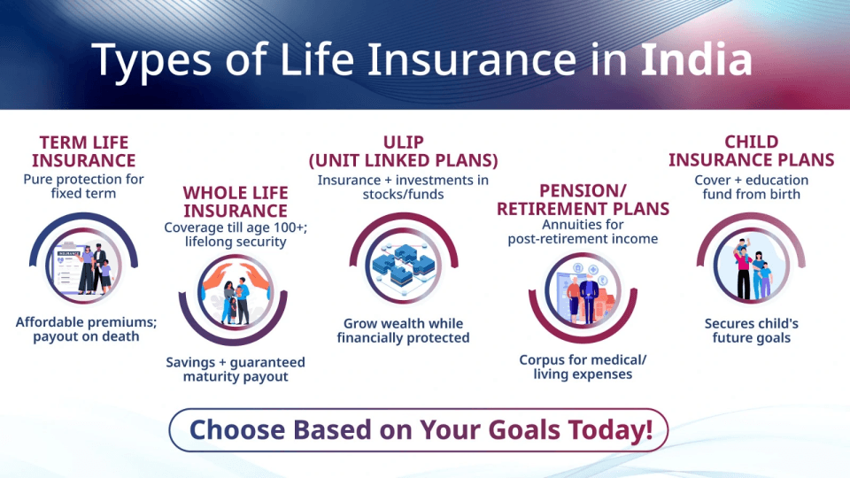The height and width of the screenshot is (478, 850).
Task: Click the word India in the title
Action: coord(696,59)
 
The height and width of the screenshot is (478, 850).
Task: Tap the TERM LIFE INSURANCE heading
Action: coord(84,151)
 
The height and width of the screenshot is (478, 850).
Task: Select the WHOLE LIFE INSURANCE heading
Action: coord(236,202)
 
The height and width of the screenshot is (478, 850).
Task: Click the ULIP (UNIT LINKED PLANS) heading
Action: coord(403,151)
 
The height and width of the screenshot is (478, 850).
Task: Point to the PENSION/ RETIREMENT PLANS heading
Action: coord(583,200)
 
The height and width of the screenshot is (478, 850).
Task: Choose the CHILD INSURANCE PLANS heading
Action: coord(751,150)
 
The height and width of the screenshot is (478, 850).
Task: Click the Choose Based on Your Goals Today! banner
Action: coord(421,430)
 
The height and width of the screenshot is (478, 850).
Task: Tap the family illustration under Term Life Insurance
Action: coord(85,262)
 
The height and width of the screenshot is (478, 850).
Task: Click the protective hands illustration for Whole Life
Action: coord(235,302)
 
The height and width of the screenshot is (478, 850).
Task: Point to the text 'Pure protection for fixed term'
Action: coord(84,186)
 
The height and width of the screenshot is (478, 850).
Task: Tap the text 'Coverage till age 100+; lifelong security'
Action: coord(236,234)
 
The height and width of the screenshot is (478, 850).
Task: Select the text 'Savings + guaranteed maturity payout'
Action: coord(236,369)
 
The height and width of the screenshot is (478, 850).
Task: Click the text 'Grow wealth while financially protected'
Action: coord(403,330)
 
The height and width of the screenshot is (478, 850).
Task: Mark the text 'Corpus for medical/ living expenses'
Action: coord(583,366)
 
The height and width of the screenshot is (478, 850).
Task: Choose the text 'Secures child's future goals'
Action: coord(751,330)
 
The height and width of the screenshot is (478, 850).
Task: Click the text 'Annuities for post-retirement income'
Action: coord(583,231)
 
